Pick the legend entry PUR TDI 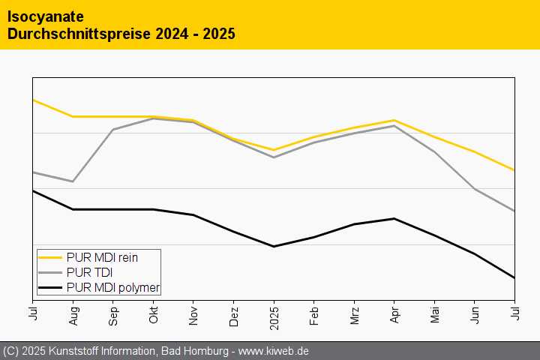pyautogui.click(x=89, y=272)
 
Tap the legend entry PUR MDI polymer pyautogui.click(x=113, y=287)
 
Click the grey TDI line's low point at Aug pyautogui.click(x=73, y=181)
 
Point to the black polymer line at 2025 pyautogui.click(x=274, y=246)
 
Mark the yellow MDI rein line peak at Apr pyautogui.click(x=394, y=120)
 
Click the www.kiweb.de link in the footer pyautogui.click(x=274, y=351)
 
